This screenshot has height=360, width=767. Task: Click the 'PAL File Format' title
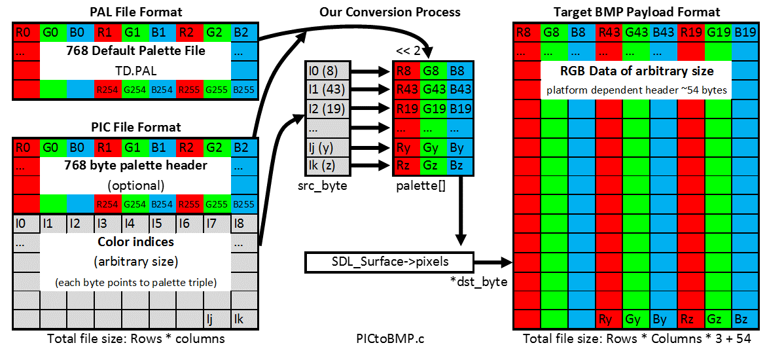[135, 11]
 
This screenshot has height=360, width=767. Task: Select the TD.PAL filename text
[135, 70]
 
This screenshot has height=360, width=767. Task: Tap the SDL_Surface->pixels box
[389, 262]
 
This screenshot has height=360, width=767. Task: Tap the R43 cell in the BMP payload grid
[609, 33]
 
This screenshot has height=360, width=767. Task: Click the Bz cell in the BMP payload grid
[745, 319]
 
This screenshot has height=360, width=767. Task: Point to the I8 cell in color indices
[243, 225]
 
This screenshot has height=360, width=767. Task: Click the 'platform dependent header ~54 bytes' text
[636, 90]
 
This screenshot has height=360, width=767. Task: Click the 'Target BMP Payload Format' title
[636, 11]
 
